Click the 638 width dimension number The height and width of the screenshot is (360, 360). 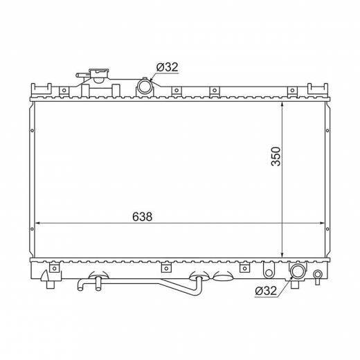143,217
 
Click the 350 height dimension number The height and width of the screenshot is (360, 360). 276,156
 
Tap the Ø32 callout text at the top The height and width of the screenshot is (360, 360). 168,67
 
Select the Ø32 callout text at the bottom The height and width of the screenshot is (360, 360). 266,291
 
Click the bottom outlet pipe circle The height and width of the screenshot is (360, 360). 298,271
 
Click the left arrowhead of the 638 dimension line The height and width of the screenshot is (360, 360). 38,223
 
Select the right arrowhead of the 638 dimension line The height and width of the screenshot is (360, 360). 321,223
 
